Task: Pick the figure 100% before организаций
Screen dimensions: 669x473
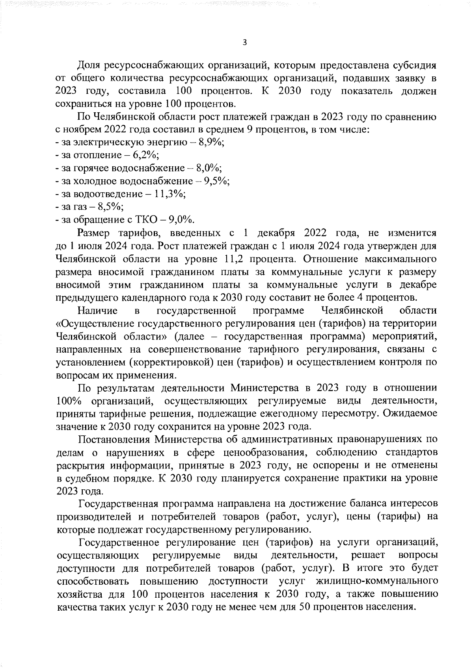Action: (69, 401)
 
